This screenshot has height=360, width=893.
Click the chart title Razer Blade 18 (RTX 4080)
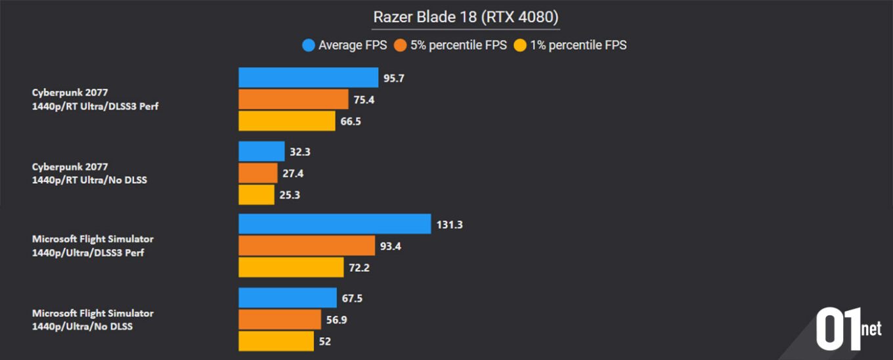click(x=466, y=16)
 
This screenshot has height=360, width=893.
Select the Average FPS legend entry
click(x=345, y=45)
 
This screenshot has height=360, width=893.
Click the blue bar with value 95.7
click(x=308, y=78)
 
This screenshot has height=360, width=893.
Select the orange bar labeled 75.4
click(x=293, y=99)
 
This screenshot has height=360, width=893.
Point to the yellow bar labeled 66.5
click(x=286, y=121)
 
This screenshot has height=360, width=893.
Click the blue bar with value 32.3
click(x=261, y=152)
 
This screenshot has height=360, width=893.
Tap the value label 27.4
click(x=294, y=173)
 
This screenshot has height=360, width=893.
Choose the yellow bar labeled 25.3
click(x=256, y=195)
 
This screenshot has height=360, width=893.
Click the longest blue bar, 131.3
click(x=334, y=224)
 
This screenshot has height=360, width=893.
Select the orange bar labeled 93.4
click(x=306, y=246)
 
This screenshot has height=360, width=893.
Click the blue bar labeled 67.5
click(x=287, y=298)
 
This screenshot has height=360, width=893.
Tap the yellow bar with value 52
click(x=276, y=342)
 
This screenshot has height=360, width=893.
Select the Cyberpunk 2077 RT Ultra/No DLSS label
click(x=89, y=173)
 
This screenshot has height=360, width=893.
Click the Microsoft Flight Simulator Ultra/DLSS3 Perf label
click(x=93, y=246)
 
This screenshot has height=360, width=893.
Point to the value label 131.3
click(x=450, y=225)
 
